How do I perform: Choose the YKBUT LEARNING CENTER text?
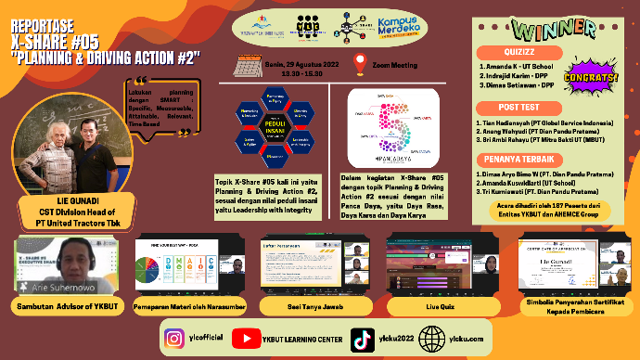coord(299,340)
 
